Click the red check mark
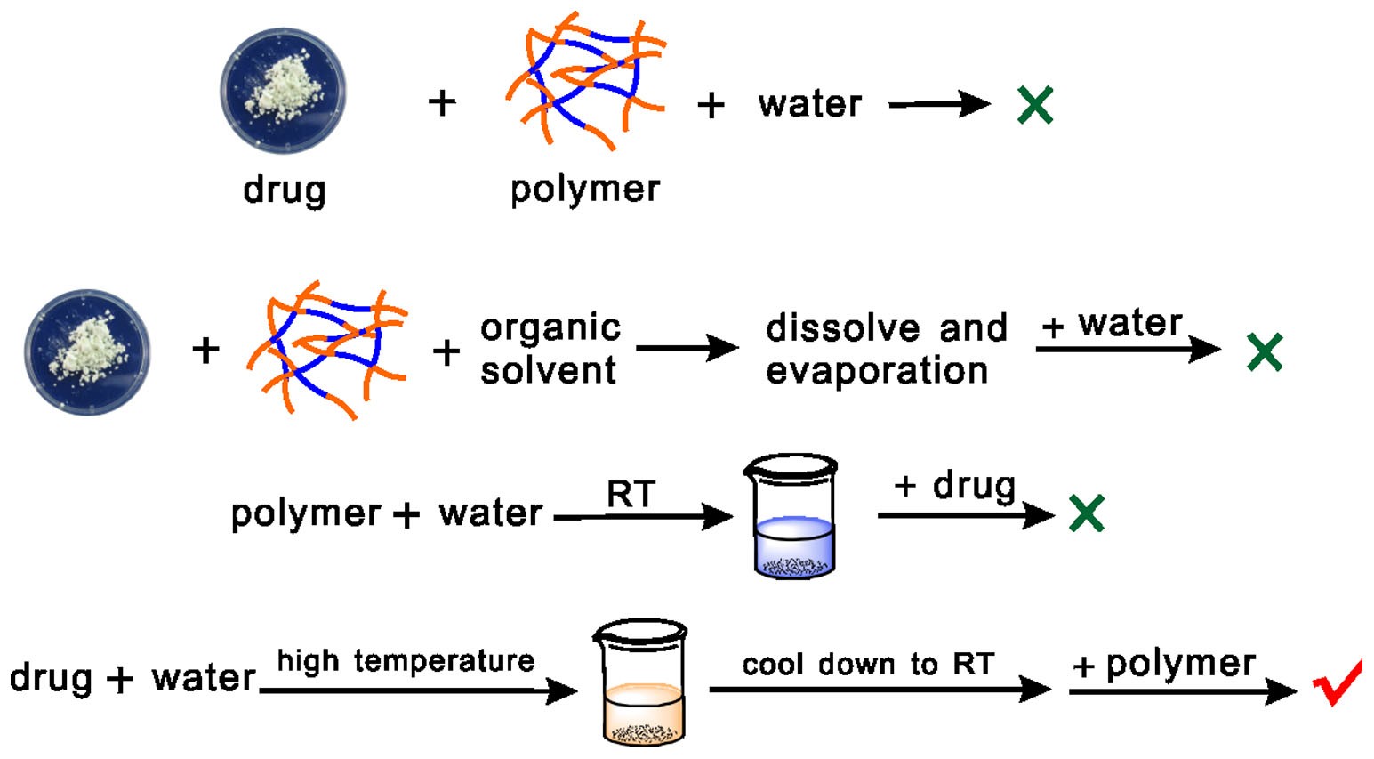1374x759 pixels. pyautogui.click(x=1337, y=682)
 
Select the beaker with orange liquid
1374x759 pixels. pyautogui.click(x=640, y=682)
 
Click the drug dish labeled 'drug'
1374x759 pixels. pyautogui.click(x=283, y=92)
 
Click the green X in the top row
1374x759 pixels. pyautogui.click(x=1035, y=105)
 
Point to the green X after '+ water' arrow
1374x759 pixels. pyautogui.click(x=1265, y=351)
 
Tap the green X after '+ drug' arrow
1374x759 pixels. pyautogui.click(x=1086, y=513)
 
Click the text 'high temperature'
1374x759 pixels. pyautogui.click(x=406, y=661)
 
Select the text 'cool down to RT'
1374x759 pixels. pyautogui.click(x=868, y=665)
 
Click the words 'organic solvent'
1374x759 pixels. pyautogui.click(x=550, y=349)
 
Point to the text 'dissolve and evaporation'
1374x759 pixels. pyautogui.click(x=885, y=349)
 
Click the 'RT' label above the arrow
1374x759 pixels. pyautogui.click(x=631, y=494)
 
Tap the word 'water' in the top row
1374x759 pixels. pyautogui.click(x=809, y=105)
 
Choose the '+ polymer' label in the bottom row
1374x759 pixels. pyautogui.click(x=1164, y=664)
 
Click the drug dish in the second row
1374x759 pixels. pyautogui.click(x=87, y=351)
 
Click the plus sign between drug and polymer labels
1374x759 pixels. pyautogui.click(x=442, y=103)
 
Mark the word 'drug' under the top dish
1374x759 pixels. pyautogui.click(x=285, y=190)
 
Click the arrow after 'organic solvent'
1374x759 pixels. pyautogui.click(x=687, y=348)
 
